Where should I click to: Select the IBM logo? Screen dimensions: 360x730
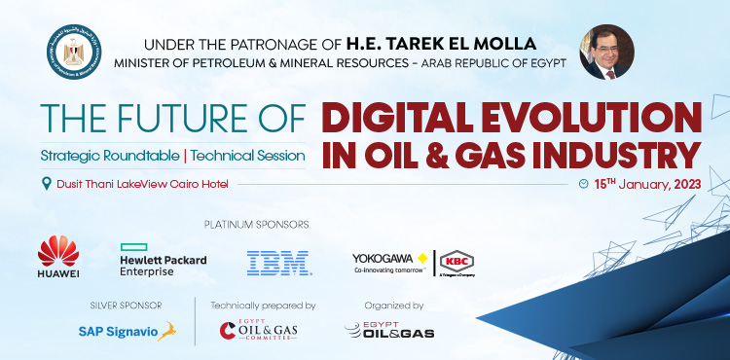[278, 260]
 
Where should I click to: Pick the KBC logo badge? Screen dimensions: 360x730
[456, 261]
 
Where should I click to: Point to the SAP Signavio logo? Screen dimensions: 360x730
[127, 331]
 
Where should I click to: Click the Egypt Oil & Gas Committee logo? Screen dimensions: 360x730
[257, 331]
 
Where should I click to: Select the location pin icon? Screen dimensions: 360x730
[46, 184]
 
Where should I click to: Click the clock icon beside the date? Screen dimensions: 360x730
[583, 183]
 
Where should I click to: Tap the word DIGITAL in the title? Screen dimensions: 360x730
[398, 119]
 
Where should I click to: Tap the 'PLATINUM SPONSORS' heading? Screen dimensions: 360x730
[257, 225]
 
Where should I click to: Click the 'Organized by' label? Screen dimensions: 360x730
[389, 305]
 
